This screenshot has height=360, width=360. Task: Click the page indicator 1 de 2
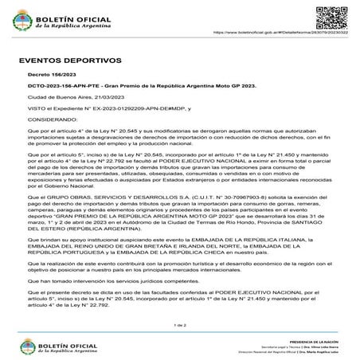[180, 326]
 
